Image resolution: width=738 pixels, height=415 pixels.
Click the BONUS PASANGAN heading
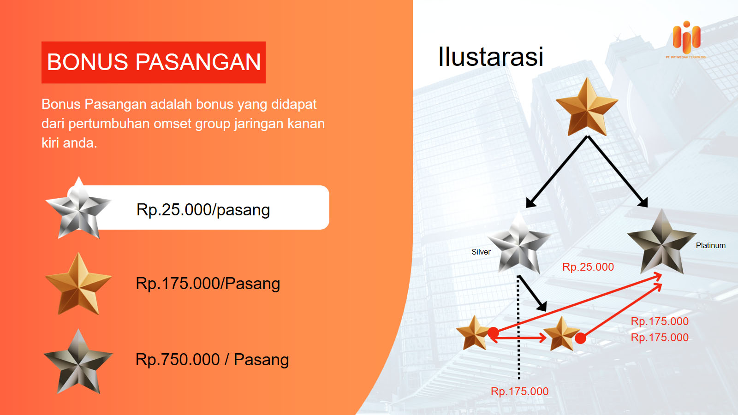pos(154,62)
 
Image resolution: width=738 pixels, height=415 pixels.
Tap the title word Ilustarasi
pos(491,57)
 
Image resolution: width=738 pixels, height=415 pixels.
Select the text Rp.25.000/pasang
pos(203,209)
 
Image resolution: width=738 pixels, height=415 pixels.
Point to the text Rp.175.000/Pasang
pos(208,284)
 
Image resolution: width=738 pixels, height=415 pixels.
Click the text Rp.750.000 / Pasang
pos(212,359)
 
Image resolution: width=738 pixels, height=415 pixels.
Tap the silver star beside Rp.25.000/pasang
pos(78,208)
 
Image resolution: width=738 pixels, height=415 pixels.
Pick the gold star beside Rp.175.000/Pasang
pos(78,284)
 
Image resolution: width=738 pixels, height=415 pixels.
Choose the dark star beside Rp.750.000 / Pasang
pos(78,362)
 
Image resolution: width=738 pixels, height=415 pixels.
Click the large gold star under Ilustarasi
pos(587,107)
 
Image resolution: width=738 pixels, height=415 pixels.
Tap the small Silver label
pos(481,252)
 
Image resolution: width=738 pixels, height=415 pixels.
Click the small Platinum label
pos(711,245)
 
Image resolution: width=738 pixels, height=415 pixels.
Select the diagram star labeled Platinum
pos(661,242)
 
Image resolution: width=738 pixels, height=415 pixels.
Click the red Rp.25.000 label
pos(588,267)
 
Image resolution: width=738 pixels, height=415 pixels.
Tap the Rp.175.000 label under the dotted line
pos(519,391)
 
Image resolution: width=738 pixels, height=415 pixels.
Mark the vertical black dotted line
pos(519,328)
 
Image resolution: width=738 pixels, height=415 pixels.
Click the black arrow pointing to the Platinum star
pos(618,172)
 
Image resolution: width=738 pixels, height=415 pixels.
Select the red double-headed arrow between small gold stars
pos(518,338)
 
